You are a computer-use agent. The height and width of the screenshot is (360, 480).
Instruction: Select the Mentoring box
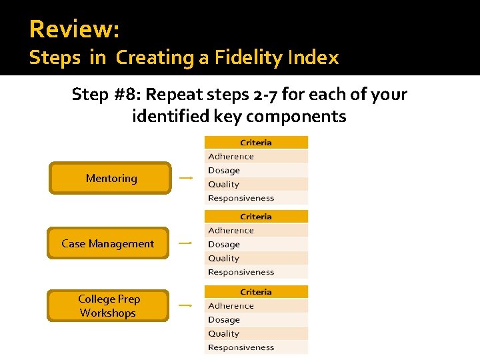click(111, 178)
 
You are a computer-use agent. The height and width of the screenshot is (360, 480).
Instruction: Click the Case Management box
click(107, 243)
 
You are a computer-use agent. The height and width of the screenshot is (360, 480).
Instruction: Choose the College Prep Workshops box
click(108, 305)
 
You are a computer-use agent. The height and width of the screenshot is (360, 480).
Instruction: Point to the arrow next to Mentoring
click(186, 178)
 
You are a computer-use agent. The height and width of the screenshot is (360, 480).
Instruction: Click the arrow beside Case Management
click(185, 243)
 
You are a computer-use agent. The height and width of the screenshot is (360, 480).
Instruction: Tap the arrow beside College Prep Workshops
click(185, 305)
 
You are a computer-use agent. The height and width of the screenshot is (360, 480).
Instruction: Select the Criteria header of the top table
click(256, 143)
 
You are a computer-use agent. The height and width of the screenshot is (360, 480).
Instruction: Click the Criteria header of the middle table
click(256, 217)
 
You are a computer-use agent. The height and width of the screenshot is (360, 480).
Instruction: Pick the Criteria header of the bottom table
click(256, 292)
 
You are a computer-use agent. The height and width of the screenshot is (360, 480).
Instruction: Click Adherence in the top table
click(231, 157)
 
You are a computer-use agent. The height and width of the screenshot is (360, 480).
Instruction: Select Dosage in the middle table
click(223, 245)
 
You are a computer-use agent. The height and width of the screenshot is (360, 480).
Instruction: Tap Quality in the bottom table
click(223, 334)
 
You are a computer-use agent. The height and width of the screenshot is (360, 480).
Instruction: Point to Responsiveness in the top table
click(241, 198)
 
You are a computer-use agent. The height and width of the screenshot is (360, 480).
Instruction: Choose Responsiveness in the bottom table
click(241, 347)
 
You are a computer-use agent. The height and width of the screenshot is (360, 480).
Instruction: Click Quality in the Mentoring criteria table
click(223, 185)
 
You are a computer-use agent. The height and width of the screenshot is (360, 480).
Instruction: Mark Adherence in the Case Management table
click(231, 231)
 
